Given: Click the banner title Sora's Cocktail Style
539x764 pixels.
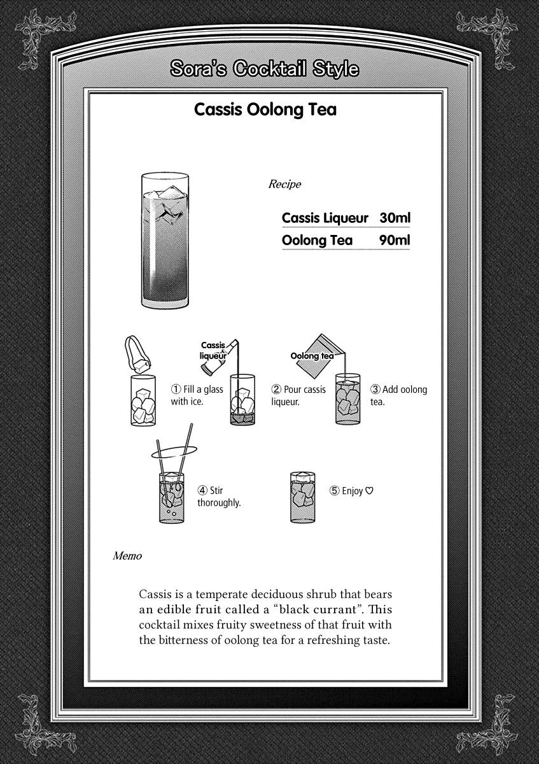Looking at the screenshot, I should (265, 69).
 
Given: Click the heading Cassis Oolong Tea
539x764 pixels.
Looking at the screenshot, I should (265, 110).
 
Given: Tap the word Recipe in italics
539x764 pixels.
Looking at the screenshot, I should (284, 185).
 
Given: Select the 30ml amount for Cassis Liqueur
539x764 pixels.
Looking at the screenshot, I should (395, 218).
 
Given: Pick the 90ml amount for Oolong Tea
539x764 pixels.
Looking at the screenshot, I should (395, 241).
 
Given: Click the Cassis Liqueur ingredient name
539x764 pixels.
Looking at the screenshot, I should (325, 218).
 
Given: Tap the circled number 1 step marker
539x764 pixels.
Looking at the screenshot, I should (176, 390).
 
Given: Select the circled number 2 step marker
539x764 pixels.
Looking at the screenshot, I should (276, 390).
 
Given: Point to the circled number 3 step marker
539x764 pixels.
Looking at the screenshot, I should (375, 390).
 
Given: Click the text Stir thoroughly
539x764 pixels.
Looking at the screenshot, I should (219, 497).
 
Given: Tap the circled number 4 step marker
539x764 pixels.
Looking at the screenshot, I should (202, 491).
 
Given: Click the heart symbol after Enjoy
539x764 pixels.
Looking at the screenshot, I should (369, 491).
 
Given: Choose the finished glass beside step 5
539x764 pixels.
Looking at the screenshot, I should (303, 497).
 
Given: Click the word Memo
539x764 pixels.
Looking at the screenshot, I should (127, 556).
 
